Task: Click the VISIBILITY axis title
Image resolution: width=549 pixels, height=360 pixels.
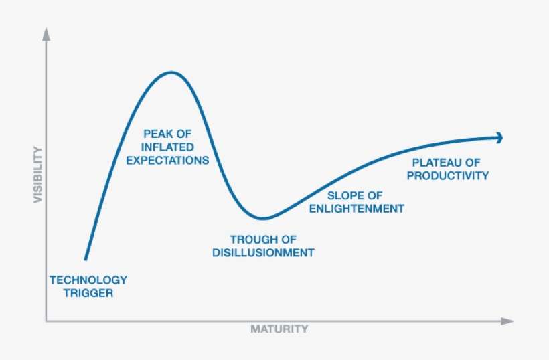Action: coord(38,175)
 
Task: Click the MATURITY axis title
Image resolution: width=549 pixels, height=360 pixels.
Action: coord(279,329)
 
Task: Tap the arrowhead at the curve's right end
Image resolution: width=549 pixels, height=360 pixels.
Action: coord(499,137)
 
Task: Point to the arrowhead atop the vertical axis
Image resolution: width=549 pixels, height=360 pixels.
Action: coord(46,33)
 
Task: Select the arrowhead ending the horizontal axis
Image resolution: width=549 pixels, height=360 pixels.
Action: coord(508,321)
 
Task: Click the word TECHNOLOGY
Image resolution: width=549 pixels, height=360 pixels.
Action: coord(88,280)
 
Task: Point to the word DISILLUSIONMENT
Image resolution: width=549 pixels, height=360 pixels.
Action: coord(263,252)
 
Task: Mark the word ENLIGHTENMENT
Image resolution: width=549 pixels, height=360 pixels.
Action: coord(356,209)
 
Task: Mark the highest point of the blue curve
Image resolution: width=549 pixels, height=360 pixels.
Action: coord(171,72)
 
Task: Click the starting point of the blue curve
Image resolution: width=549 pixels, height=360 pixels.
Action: coord(85,259)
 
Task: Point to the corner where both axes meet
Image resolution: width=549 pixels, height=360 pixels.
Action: coord(46,321)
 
